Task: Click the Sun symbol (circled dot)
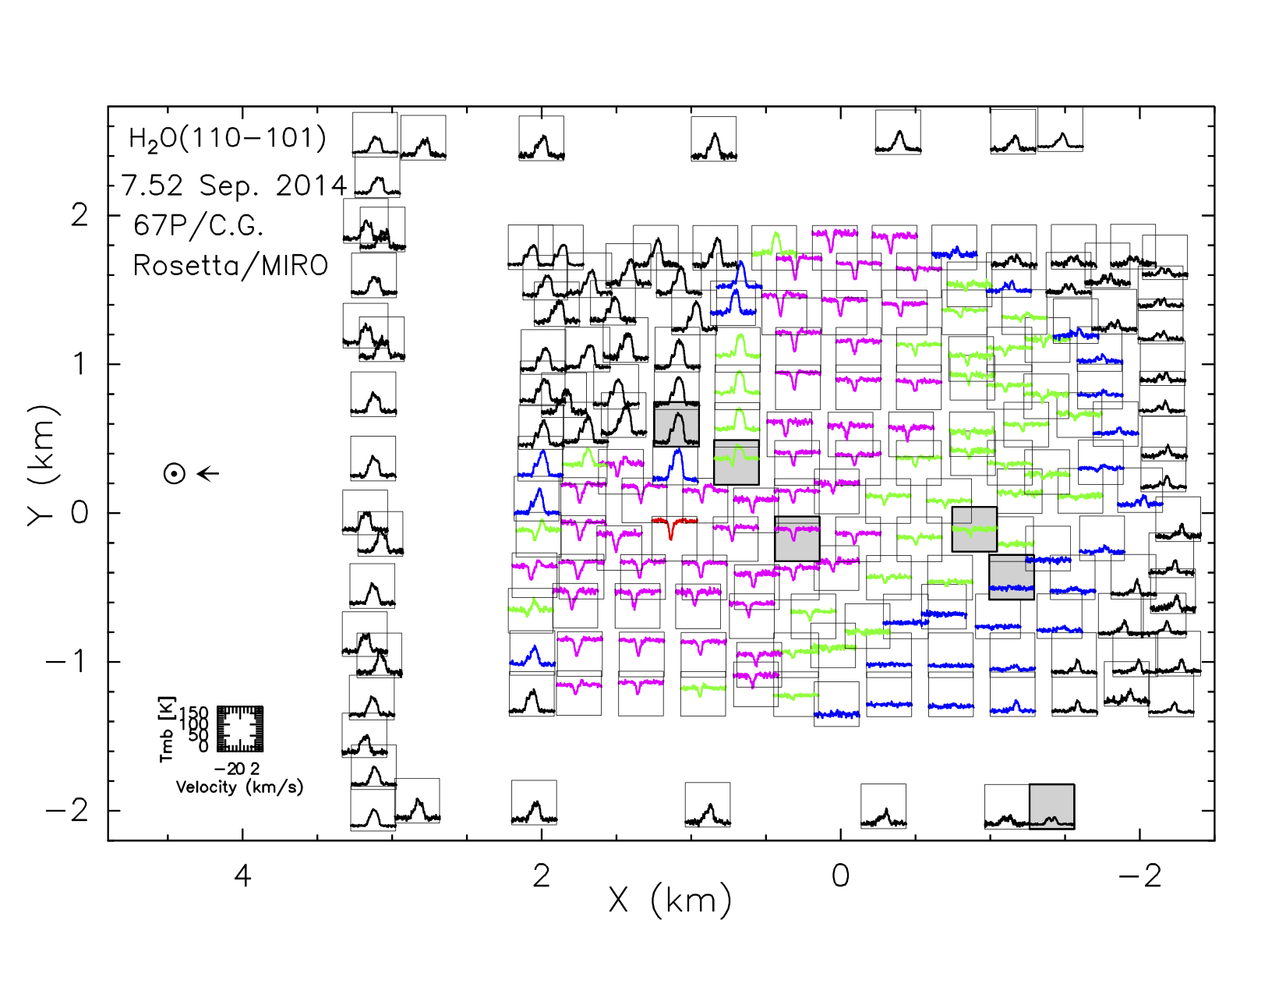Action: (175, 473)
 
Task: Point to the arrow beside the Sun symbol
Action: (208, 473)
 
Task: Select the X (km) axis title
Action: (670, 900)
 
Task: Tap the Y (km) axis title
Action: (43, 466)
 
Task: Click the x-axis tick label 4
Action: (242, 876)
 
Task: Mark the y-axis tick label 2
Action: (79, 214)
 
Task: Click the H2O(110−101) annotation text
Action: (228, 139)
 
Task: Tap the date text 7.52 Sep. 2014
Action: (234, 186)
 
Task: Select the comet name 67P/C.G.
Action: (199, 225)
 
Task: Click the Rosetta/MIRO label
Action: (231, 266)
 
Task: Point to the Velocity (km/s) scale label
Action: (239, 787)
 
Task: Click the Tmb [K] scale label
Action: (168, 729)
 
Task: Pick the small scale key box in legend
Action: (240, 729)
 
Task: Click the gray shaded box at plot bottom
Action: (1051, 806)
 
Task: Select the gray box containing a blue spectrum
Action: (1012, 577)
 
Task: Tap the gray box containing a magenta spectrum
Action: (797, 538)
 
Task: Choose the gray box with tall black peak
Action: (677, 424)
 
